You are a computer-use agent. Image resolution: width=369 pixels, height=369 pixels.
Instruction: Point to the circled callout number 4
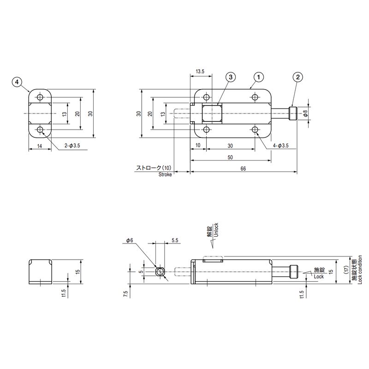17,82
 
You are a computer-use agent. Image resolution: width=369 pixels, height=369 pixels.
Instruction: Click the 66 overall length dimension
243,169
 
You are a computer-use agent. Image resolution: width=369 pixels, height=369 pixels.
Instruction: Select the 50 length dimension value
230,157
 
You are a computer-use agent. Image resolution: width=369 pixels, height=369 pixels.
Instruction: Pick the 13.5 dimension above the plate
200,71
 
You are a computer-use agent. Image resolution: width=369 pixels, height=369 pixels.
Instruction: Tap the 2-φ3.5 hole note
73,146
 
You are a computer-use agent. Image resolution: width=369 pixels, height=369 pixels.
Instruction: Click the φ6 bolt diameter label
129,241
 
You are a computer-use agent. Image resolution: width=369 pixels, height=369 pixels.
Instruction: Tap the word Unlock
216,230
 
